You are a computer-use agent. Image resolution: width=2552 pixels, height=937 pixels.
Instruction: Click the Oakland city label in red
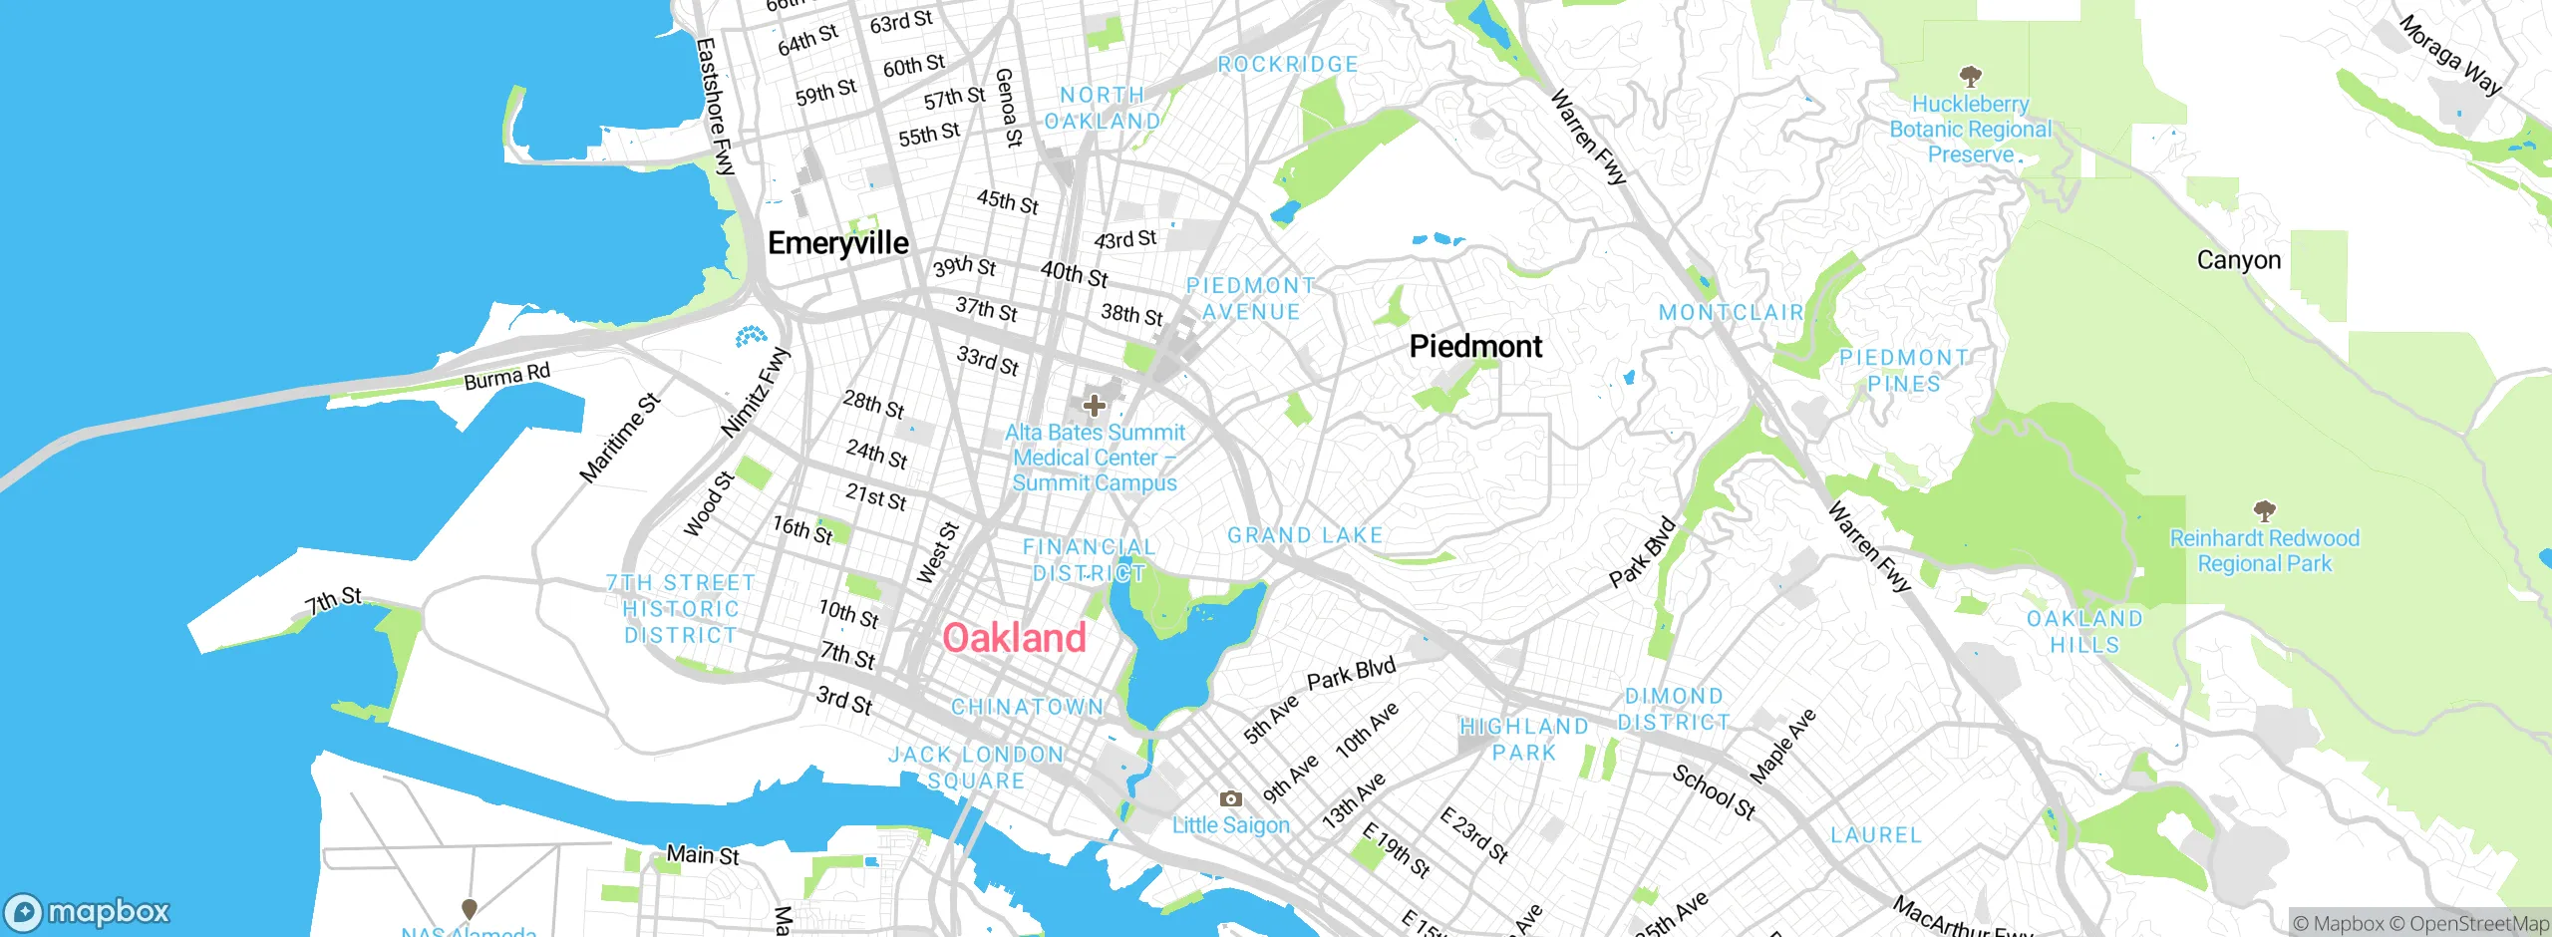click(1014, 638)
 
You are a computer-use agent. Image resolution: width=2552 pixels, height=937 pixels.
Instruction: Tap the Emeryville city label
click(837, 243)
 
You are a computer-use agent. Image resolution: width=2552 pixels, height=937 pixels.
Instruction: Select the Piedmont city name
click(1475, 347)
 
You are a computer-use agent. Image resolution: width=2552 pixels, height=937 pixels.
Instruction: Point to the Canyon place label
click(2238, 260)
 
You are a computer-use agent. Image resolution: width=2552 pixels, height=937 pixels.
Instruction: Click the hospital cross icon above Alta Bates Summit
click(1094, 406)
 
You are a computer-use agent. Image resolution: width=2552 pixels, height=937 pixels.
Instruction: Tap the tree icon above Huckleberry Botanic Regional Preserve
click(1970, 76)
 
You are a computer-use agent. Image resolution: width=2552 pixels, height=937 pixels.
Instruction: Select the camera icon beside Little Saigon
click(1231, 798)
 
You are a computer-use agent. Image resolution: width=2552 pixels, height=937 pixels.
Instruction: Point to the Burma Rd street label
click(506, 377)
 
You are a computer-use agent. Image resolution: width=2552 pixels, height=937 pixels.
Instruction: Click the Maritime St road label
click(620, 439)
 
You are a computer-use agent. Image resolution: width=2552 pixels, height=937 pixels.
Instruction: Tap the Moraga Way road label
click(2449, 55)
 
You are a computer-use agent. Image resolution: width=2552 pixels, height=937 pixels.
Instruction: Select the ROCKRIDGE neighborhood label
click(1288, 65)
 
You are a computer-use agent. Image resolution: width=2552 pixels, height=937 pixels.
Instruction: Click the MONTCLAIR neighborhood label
click(1731, 313)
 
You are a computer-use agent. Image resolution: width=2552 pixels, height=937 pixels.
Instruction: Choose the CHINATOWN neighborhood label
click(1027, 707)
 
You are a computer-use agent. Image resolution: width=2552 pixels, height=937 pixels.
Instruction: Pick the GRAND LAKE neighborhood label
click(1305, 536)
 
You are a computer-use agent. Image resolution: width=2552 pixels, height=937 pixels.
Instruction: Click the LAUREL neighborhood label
click(1875, 835)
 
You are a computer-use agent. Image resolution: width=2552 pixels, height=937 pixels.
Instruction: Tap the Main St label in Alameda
click(703, 855)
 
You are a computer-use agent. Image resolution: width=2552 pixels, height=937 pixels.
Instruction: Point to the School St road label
click(1714, 791)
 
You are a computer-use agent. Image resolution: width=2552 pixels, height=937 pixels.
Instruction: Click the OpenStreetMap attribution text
click(2477, 924)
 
